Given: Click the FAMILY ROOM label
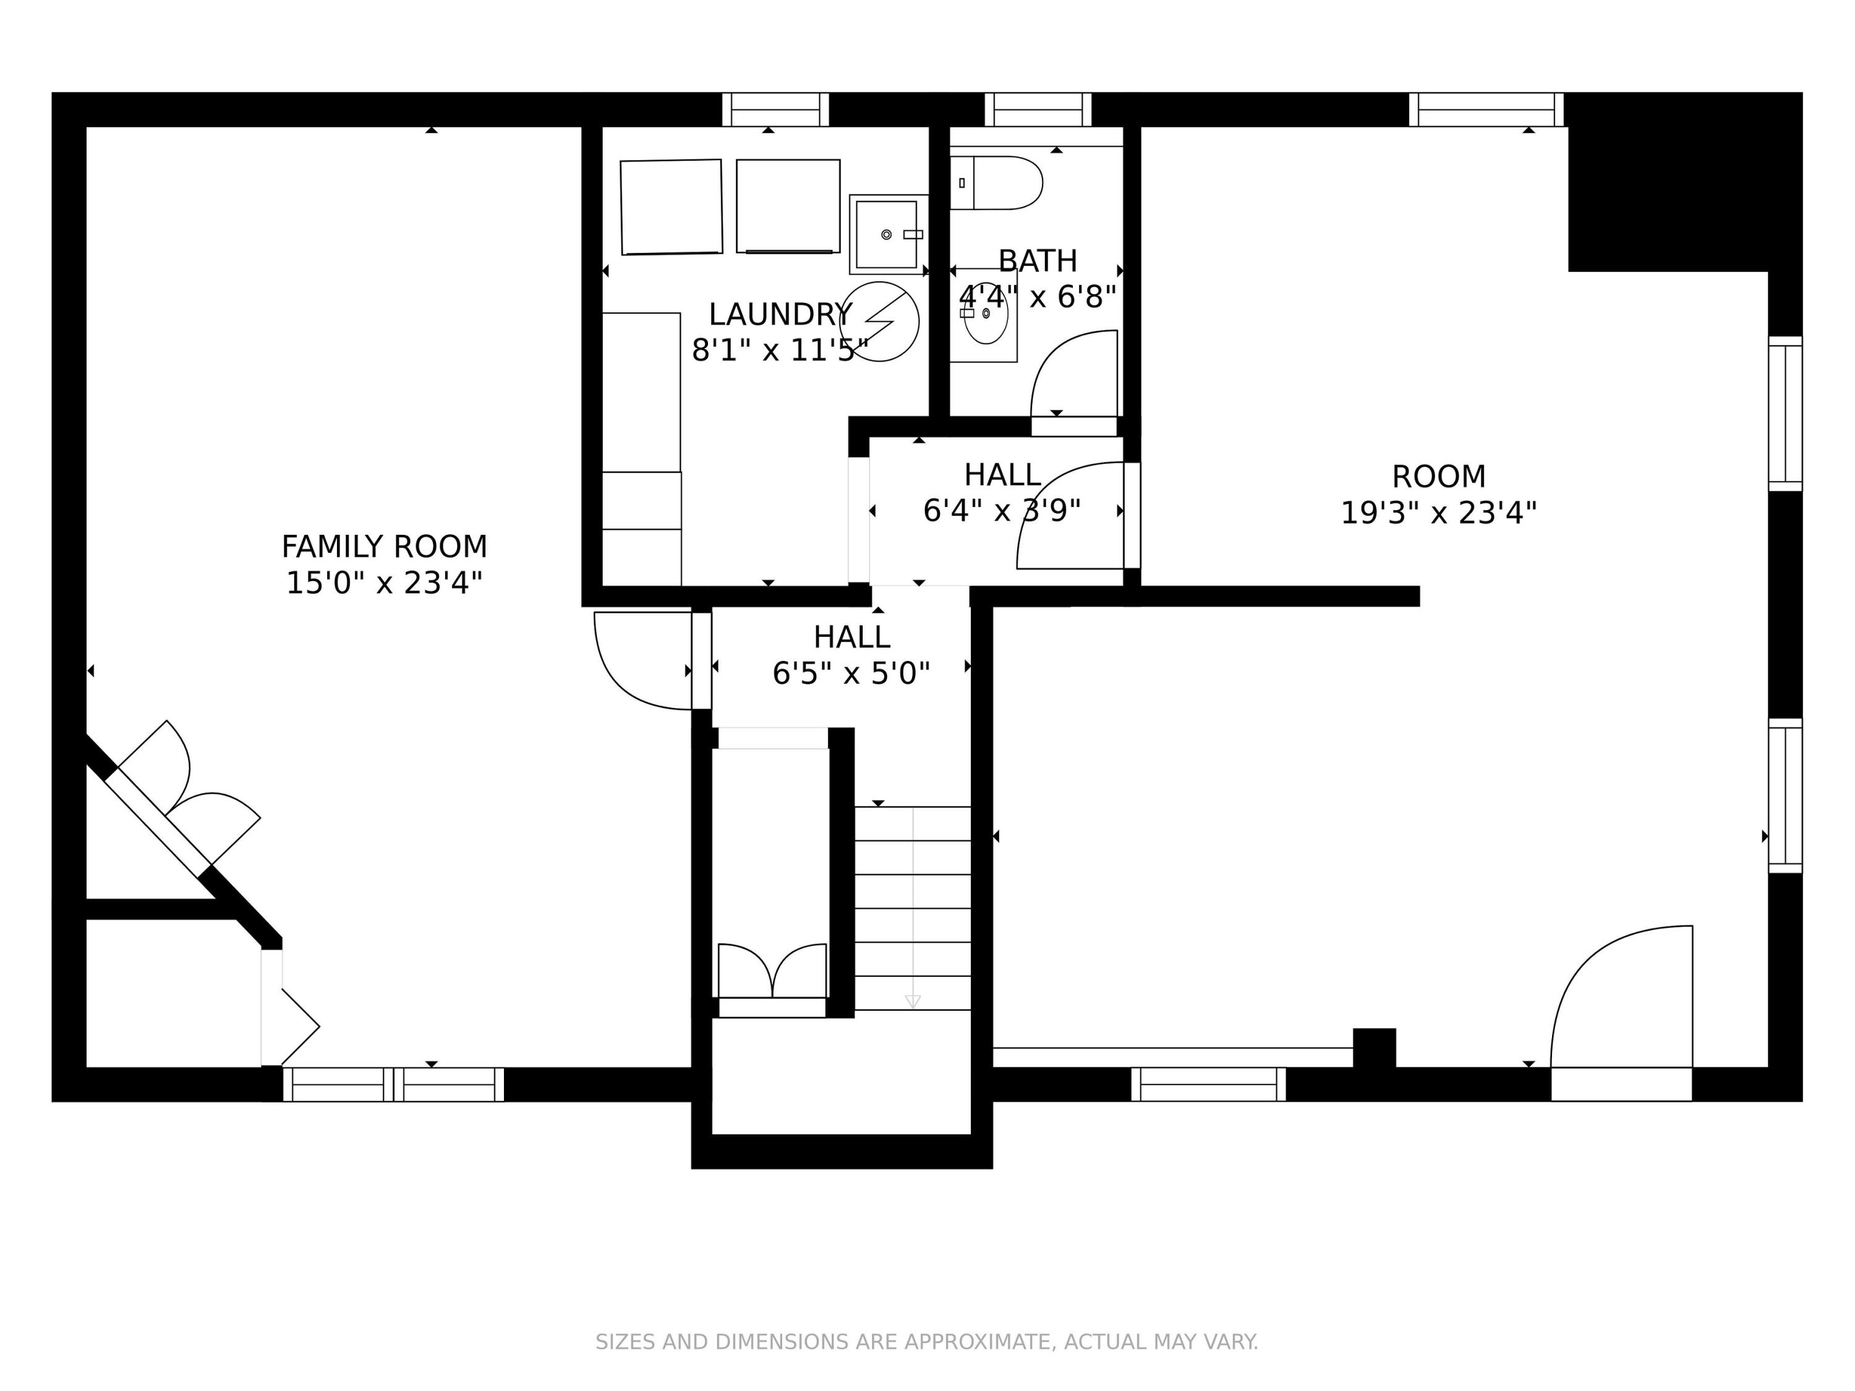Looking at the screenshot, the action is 384,547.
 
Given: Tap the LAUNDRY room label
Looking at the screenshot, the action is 780,315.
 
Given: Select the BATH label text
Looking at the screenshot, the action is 1038,262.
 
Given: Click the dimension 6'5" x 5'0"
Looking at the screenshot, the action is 851,673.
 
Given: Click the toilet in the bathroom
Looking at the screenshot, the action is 996,183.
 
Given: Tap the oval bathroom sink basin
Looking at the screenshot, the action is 986,313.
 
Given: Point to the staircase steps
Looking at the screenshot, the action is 913,908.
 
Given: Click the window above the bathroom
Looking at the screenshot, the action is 1038,109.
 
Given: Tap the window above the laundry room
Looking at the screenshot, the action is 776,109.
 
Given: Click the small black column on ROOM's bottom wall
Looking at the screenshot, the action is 1375,1048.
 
